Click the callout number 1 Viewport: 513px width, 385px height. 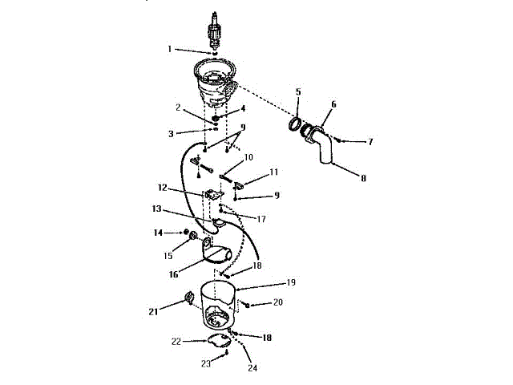point(170,49)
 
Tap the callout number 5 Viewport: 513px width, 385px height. point(297,92)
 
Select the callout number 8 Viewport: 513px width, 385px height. point(363,178)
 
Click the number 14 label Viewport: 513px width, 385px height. point(158,233)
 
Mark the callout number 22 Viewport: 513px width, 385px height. point(176,341)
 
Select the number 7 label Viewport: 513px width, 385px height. point(370,142)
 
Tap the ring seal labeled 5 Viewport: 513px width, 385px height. point(294,126)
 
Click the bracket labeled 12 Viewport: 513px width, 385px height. point(212,195)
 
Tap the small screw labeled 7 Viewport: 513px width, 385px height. point(340,141)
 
